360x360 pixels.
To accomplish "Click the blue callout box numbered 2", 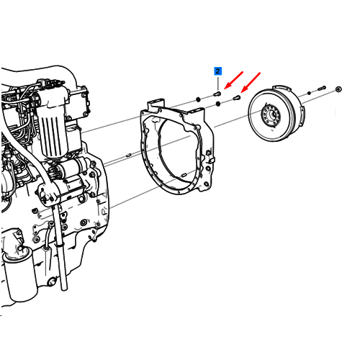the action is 217,71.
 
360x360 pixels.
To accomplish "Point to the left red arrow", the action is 233,80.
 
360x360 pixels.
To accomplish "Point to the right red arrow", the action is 251,82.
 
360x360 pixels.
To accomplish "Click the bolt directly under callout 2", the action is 217,94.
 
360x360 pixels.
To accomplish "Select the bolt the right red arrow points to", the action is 237,97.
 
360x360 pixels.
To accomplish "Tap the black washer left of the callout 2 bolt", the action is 198,99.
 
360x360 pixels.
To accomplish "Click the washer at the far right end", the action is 338,89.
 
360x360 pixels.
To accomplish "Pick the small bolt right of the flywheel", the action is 322,89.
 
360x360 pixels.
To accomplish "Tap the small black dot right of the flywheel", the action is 309,93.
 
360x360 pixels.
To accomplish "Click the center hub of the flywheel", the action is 271,116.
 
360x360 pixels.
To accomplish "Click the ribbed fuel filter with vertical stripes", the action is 53,135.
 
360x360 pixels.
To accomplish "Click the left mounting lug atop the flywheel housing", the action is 156,104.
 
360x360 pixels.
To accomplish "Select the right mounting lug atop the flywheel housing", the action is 196,113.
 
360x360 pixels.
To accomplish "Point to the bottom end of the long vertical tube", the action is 64,289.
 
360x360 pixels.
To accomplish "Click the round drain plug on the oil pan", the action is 51,282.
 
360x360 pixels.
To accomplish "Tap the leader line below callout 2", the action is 218,83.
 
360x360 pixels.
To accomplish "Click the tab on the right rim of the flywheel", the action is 302,114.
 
